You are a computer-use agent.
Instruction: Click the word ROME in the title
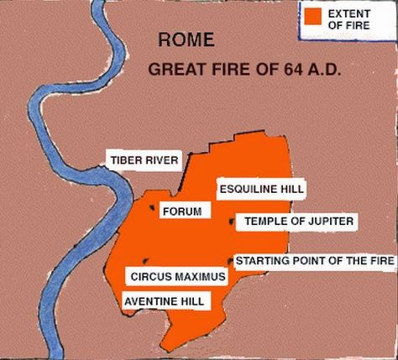click(x=186, y=39)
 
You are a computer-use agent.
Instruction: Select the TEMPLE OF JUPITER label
click(x=300, y=222)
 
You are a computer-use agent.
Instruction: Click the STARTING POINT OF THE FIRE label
click(x=313, y=261)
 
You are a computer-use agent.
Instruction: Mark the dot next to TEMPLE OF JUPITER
click(x=232, y=222)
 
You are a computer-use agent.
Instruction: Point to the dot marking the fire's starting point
click(x=230, y=261)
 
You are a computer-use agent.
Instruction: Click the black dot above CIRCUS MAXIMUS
click(x=148, y=261)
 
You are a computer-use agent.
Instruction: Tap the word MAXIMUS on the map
click(x=199, y=276)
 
